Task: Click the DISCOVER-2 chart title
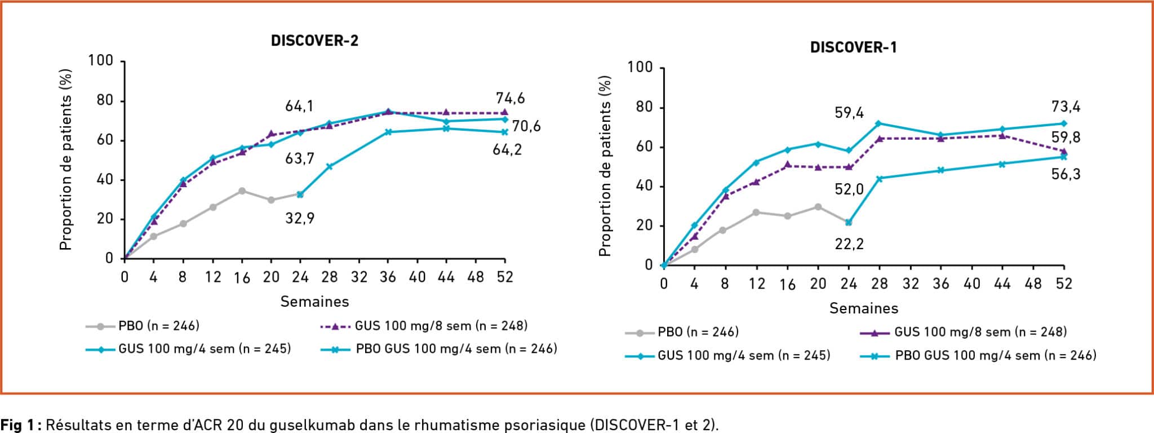point(314,41)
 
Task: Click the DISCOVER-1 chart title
point(853,47)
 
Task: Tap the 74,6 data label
point(510,98)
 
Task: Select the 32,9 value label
point(300,218)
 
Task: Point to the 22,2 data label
point(849,244)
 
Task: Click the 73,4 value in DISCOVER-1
point(1066,107)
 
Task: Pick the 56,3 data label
point(1066,174)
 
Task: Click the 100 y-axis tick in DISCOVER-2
point(100,60)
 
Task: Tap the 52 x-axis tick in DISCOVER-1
point(1064,284)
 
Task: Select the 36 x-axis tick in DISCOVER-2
point(388,277)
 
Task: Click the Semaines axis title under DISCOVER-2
point(314,302)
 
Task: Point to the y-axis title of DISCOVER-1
point(605,166)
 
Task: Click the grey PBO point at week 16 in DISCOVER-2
point(242,191)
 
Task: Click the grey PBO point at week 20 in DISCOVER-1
point(818,207)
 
